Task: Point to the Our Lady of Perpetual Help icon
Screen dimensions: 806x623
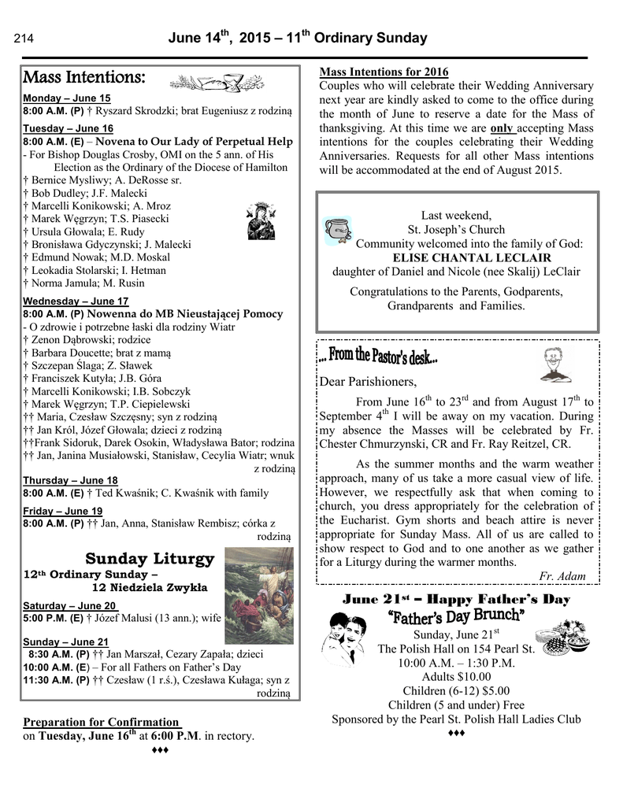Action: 261,221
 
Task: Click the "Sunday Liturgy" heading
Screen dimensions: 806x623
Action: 150,559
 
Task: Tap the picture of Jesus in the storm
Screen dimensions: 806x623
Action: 258,585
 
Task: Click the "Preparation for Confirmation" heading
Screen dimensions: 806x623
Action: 102,722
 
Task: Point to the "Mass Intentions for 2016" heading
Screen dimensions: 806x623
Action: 384,72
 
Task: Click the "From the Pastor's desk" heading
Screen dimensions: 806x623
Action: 378,358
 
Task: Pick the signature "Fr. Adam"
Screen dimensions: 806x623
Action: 562,576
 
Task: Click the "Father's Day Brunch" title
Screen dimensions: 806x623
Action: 455,616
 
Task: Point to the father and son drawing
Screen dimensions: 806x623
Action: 344,639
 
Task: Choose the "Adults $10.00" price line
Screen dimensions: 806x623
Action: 456,677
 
